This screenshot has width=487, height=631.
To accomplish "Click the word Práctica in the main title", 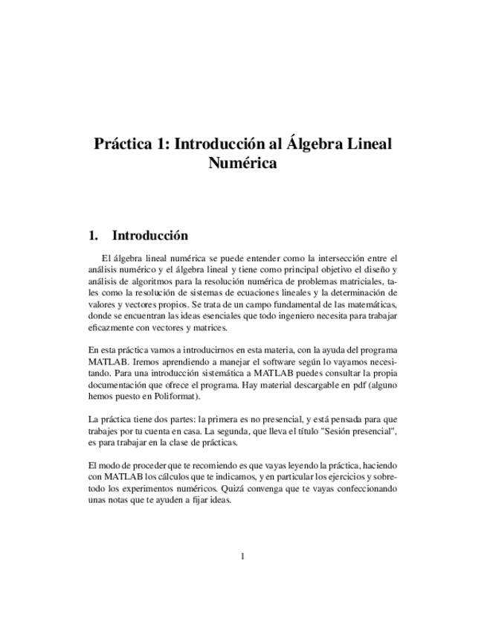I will tap(125, 143).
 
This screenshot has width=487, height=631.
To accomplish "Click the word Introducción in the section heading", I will tap(149, 236).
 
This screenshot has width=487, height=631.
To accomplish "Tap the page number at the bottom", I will tap(243, 555).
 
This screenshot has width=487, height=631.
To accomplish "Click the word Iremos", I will tap(138, 362).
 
